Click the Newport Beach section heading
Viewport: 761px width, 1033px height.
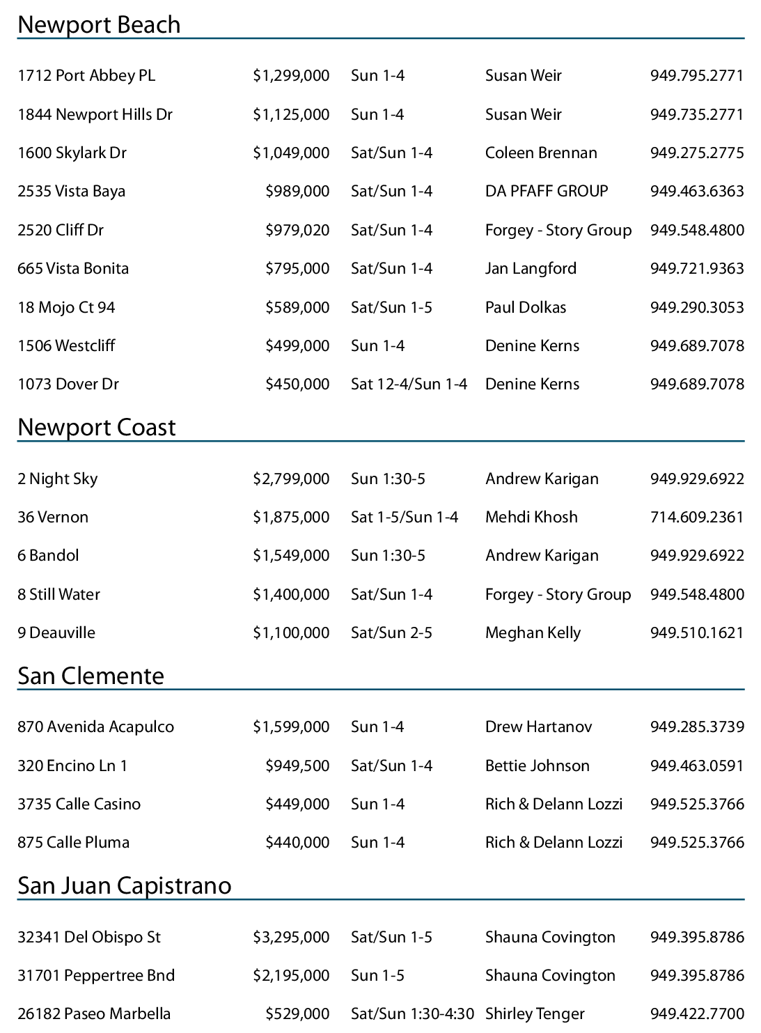(99, 25)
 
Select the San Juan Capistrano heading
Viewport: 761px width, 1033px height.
(125, 886)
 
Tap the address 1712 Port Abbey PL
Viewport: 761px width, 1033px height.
(86, 76)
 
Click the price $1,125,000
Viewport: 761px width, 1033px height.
(291, 114)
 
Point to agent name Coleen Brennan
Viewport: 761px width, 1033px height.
(541, 153)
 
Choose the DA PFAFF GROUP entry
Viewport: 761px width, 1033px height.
(547, 192)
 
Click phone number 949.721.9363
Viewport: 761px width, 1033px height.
(697, 269)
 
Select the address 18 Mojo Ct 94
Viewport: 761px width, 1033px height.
(66, 308)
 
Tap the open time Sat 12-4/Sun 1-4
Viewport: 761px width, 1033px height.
(409, 385)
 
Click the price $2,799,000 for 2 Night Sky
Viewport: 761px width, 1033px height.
(291, 479)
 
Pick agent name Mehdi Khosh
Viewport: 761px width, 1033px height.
(531, 518)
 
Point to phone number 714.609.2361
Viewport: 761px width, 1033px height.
(697, 518)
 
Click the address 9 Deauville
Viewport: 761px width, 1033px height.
(56, 633)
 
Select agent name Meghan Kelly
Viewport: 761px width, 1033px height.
(533, 633)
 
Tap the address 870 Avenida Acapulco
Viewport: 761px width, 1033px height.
(95, 727)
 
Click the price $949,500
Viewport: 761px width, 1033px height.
(297, 766)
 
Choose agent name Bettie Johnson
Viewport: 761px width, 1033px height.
(537, 766)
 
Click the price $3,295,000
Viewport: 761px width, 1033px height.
(291, 938)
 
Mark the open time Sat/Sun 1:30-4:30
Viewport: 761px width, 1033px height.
(412, 1014)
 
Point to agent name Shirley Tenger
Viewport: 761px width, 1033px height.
(535, 1014)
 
